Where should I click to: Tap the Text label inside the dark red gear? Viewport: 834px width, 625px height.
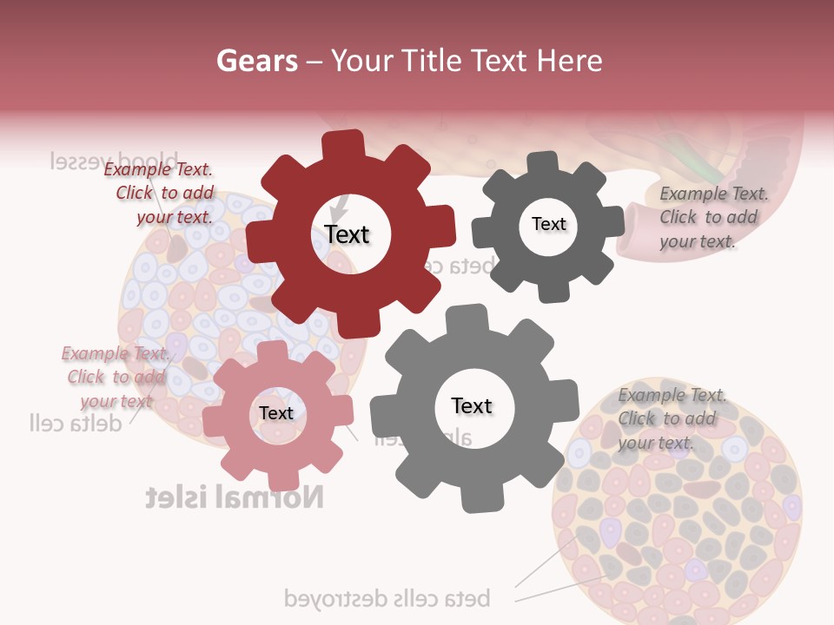[x=347, y=234]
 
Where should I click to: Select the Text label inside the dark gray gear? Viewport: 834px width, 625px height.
[x=548, y=224]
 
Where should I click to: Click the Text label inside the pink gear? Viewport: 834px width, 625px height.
[x=276, y=413]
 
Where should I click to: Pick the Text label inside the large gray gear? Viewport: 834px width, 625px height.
[x=472, y=405]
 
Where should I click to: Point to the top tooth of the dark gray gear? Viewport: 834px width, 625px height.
[x=542, y=163]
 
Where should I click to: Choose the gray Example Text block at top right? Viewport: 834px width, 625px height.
[x=712, y=217]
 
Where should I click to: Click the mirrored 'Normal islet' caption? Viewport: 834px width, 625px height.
[x=235, y=497]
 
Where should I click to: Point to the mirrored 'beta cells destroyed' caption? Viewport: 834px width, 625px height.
[x=387, y=598]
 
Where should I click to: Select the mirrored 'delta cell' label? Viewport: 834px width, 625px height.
[x=73, y=423]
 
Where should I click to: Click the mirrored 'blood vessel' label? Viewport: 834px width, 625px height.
[x=114, y=161]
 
